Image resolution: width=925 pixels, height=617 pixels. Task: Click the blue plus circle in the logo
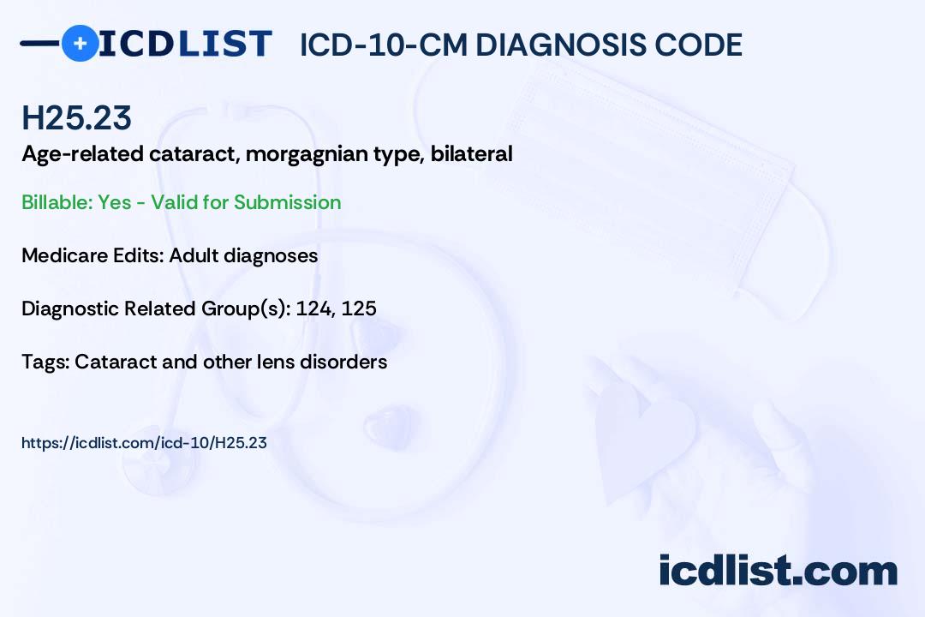(79, 43)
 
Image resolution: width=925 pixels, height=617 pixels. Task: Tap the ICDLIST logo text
(185, 44)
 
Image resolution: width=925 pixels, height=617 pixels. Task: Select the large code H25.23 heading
(77, 117)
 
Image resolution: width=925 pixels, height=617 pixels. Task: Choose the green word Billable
(57, 202)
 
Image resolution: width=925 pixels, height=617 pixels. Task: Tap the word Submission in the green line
(287, 202)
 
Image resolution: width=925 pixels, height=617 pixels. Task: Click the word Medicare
(62, 255)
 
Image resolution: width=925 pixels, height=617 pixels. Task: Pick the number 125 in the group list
(359, 308)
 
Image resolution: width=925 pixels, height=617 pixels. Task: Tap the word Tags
(44, 362)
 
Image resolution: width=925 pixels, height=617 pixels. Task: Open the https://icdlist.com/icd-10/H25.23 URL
(144, 443)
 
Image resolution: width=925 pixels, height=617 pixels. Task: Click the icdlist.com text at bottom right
(778, 571)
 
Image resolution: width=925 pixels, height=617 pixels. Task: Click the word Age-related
(74, 154)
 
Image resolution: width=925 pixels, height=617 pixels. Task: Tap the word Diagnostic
(70, 308)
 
